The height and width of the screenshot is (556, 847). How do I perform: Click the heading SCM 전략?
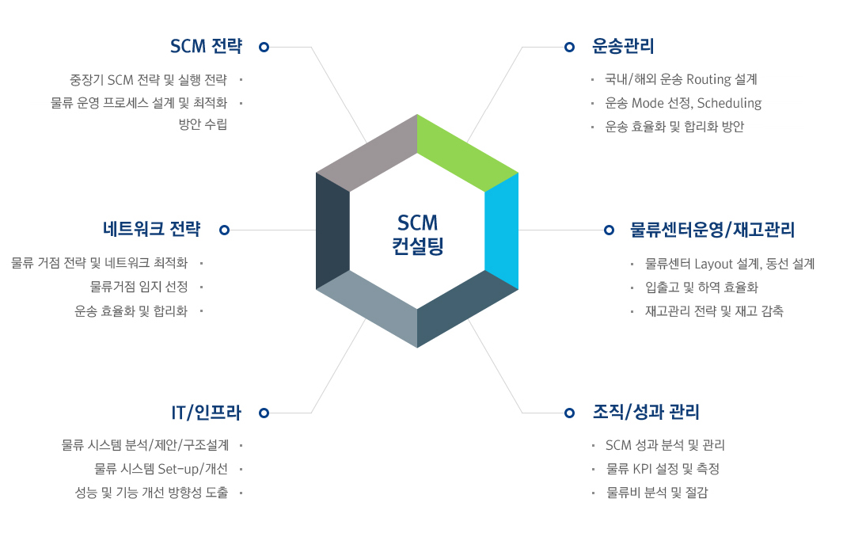(206, 47)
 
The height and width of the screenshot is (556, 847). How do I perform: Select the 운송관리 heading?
(623, 47)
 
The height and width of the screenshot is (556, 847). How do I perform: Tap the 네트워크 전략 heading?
(151, 230)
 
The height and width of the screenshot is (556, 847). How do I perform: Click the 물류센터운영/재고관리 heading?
(712, 230)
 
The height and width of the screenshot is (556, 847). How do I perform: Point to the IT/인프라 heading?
(206, 413)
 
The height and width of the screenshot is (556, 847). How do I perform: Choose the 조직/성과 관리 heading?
(646, 413)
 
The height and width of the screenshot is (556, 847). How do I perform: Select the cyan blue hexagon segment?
(501, 230)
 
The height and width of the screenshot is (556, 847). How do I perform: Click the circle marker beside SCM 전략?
(264, 48)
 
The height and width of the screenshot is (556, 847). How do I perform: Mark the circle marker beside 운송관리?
(569, 48)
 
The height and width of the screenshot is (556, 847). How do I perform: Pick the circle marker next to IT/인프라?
(264, 413)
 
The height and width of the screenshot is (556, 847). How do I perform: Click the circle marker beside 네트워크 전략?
(225, 230)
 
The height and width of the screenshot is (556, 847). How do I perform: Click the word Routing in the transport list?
(708, 79)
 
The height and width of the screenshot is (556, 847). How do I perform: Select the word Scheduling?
(729, 103)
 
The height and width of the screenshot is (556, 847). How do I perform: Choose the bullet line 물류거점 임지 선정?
(139, 287)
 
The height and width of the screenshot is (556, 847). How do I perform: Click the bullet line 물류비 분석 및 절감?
(657, 493)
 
